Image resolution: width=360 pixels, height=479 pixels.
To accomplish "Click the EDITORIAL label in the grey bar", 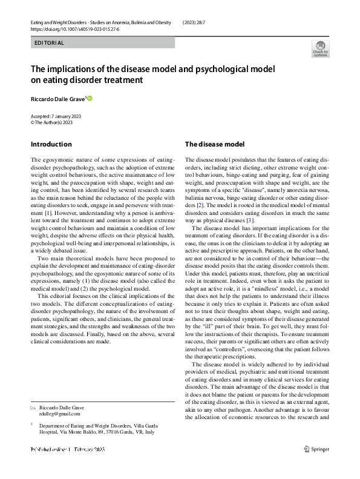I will click(x=48, y=43).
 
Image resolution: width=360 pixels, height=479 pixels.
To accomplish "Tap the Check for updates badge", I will click(x=321, y=49).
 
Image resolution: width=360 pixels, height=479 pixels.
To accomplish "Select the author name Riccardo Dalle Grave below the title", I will click(x=58, y=99).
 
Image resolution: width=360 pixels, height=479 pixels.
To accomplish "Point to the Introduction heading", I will click(x=51, y=144).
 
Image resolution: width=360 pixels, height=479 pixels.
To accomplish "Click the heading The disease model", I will click(x=215, y=144).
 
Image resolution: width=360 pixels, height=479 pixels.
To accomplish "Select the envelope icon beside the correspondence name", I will click(x=33, y=407).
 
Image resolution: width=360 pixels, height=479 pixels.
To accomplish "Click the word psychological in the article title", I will click(x=228, y=69).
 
